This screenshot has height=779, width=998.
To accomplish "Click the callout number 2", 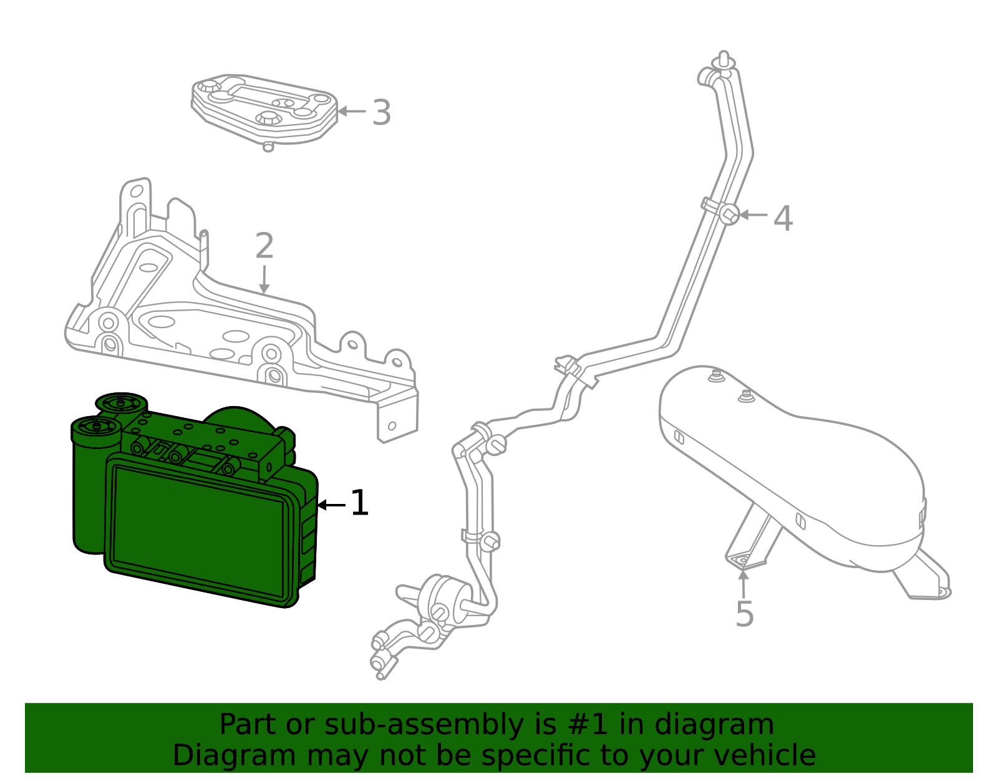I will click(x=264, y=246).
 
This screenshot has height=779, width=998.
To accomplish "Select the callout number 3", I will click(x=381, y=113).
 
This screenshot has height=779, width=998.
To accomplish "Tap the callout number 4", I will click(x=783, y=218).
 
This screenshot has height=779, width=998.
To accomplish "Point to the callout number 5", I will click(x=744, y=614).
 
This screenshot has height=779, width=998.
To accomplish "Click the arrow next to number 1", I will click(x=331, y=505).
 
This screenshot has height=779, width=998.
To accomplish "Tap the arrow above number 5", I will click(x=743, y=584).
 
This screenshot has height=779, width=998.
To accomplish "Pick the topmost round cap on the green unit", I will click(x=122, y=402).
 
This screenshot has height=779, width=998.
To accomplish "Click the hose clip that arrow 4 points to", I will click(x=728, y=215).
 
